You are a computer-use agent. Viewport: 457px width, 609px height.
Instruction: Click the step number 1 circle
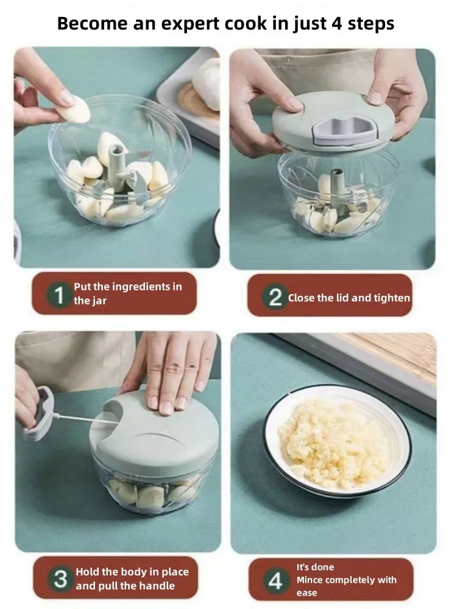[x=58, y=295]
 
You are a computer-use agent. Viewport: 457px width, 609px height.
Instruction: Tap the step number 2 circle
[x=275, y=298]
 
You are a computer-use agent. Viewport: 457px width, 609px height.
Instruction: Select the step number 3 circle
[x=60, y=579]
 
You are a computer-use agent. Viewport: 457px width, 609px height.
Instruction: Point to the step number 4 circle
[x=275, y=580]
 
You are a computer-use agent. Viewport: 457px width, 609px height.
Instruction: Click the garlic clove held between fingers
[x=76, y=109]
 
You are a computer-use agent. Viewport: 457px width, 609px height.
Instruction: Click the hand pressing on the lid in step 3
[x=171, y=369]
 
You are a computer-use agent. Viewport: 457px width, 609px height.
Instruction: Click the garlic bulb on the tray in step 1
[x=207, y=83]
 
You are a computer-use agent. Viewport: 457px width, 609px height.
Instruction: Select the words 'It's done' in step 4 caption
[x=315, y=567]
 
